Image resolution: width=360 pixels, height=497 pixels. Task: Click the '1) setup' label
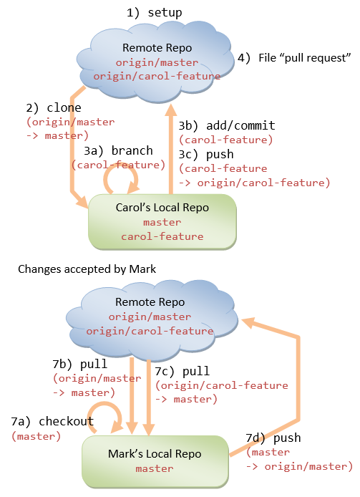click(x=154, y=12)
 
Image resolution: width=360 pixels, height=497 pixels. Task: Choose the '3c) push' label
click(x=206, y=154)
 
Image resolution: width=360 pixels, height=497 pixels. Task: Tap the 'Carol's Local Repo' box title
click(x=162, y=208)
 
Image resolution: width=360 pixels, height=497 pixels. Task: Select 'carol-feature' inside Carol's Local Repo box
click(x=162, y=236)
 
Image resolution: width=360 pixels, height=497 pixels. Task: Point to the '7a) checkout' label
click(x=53, y=421)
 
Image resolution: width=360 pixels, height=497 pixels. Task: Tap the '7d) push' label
click(x=273, y=438)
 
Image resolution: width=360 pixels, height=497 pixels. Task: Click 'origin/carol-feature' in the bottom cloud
click(x=150, y=331)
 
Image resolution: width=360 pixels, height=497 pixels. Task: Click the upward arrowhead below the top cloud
click(x=170, y=110)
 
